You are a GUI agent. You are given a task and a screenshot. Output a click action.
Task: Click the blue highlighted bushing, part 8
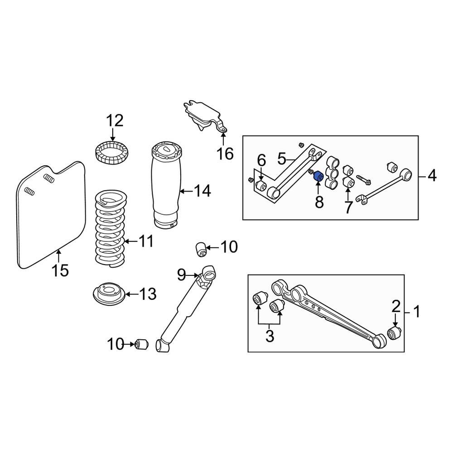pyautogui.click(x=318, y=175)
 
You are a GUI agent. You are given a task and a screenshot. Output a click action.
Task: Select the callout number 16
pyautogui.click(x=225, y=154)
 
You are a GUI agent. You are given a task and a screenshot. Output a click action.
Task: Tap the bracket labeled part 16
pyautogui.click(x=202, y=116)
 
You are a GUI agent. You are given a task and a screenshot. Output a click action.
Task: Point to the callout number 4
pyautogui.click(x=432, y=175)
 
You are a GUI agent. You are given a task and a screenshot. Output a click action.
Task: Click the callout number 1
pyautogui.click(x=416, y=312)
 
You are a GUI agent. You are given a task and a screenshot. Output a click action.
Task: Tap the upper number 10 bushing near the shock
pyautogui.click(x=201, y=249)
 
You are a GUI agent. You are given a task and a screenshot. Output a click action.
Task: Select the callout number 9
pyautogui.click(x=182, y=274)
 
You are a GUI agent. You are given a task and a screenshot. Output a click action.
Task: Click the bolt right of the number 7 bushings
pyautogui.click(x=364, y=180)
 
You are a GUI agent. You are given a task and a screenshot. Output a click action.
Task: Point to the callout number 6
pyautogui.click(x=261, y=160)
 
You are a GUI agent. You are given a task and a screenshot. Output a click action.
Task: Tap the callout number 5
pyautogui.click(x=282, y=159)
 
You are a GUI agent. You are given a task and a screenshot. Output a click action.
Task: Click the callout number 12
pyautogui.click(x=115, y=121)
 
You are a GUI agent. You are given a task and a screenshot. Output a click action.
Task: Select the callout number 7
pyautogui.click(x=348, y=208)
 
